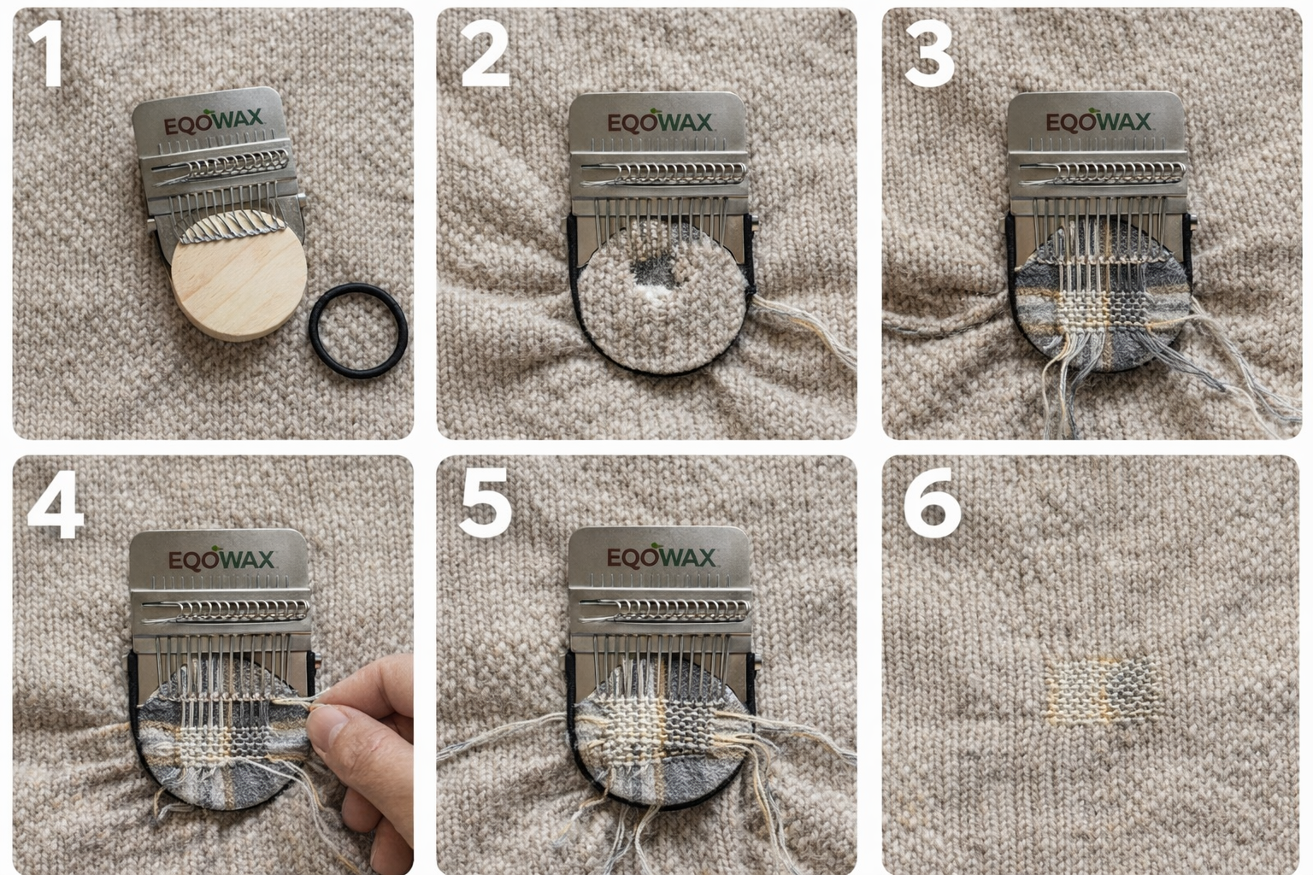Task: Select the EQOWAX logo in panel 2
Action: (659, 122)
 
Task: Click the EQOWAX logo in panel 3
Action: (1098, 121)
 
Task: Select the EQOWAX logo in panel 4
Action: (221, 560)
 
